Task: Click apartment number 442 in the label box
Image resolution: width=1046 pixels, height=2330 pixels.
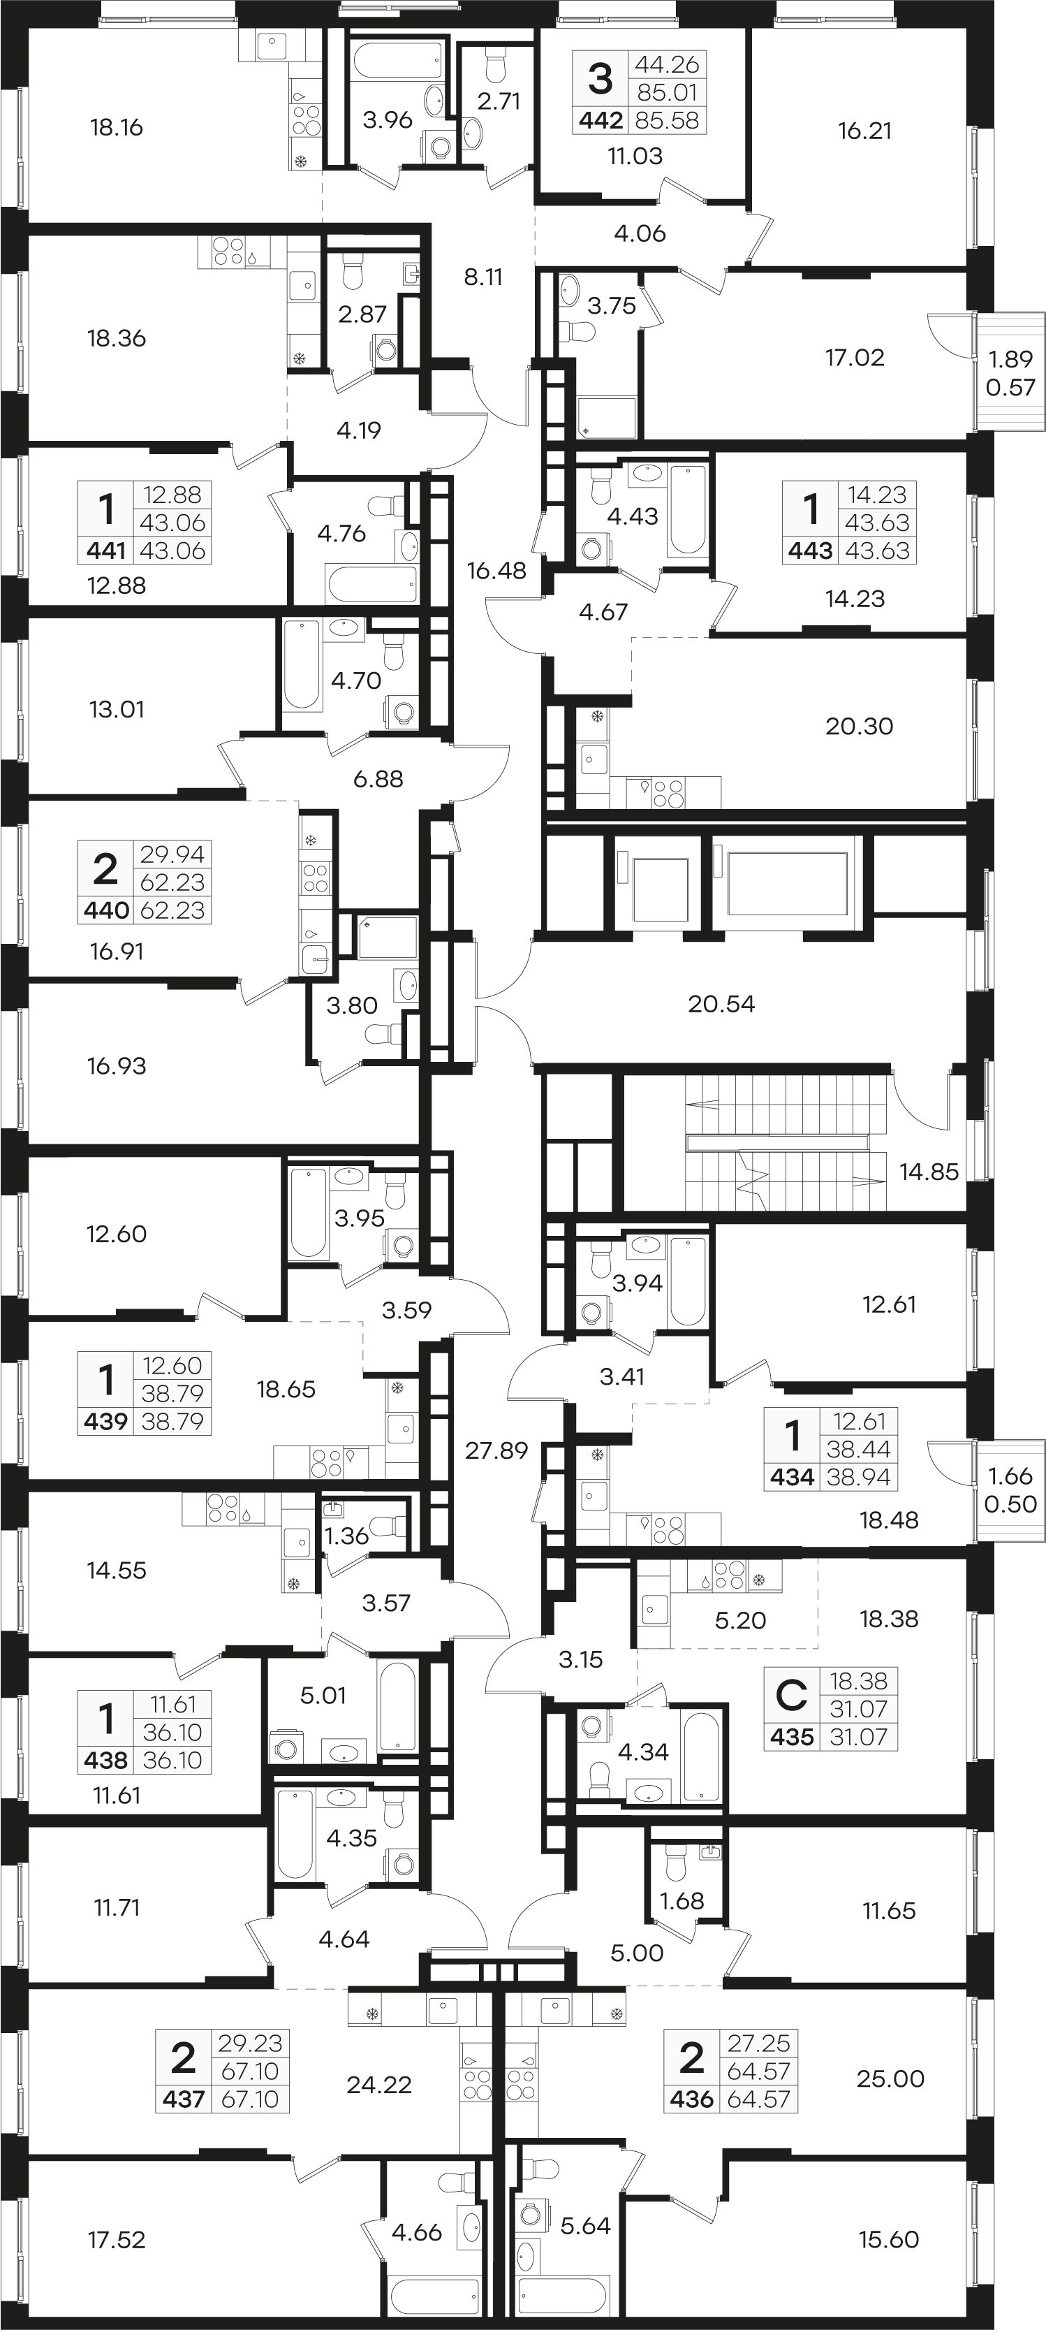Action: [601, 120]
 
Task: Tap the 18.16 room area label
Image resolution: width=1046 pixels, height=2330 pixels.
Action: [117, 128]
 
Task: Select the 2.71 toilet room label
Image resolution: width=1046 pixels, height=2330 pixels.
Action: [499, 101]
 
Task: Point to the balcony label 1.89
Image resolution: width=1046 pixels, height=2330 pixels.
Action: [1011, 359]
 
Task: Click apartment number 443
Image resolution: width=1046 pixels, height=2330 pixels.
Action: [811, 551]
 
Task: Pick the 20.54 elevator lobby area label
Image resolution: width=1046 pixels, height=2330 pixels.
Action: [721, 1004]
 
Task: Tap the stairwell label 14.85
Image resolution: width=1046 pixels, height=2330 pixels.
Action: [929, 1172]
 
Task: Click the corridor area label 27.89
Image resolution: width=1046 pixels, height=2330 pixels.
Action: [496, 1451]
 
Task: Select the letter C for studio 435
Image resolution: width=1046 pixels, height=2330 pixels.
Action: [791, 1696]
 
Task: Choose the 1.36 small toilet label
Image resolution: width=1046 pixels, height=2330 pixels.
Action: [347, 1535]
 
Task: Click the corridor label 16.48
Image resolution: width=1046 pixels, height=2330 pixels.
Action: [497, 571]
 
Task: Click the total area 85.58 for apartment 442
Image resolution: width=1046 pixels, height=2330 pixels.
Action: [668, 120]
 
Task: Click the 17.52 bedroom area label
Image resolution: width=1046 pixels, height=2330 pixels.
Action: [117, 2240]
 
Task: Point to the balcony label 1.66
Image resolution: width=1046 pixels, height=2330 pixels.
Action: [1011, 1476]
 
